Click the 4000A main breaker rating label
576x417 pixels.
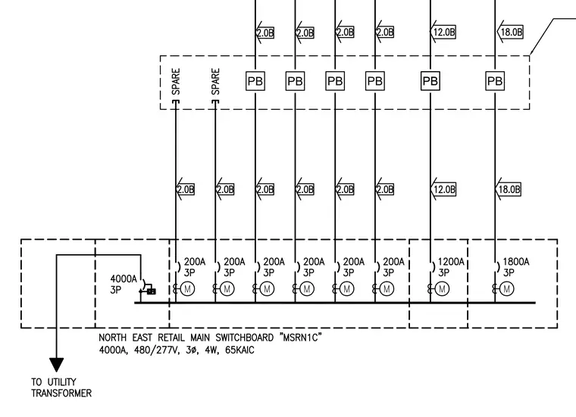tap(124, 279)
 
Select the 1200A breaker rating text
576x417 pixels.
tap(451, 262)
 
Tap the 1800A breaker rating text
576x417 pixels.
tap(516, 262)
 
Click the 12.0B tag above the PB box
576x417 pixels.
tap(443, 32)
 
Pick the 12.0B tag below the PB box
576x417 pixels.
tap(443, 189)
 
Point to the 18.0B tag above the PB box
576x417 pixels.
tap(510, 32)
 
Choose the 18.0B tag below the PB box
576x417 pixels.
tap(509, 189)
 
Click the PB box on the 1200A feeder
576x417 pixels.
tap(430, 81)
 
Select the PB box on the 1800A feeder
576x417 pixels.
tap(495, 81)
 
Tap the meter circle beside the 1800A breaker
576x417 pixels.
tap(507, 289)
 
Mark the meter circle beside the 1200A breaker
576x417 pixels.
tap(443, 289)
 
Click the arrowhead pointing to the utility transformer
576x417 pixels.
tap(57, 365)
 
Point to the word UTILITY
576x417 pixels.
tap(61, 381)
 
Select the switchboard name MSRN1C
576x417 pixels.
tap(300, 338)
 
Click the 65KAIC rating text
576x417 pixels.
tap(239, 350)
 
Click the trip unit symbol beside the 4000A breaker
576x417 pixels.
tap(151, 291)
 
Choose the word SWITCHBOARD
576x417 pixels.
tap(244, 338)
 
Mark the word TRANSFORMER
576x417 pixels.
tap(61, 394)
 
